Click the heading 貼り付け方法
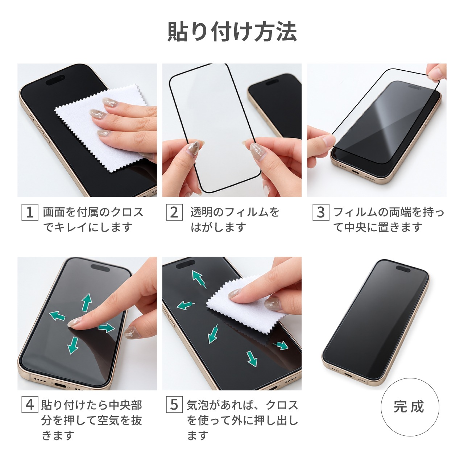coord(232,32)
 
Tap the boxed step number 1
coord(30,212)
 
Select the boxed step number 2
coord(174,212)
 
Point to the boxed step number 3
coord(321,212)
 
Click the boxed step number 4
coord(30,404)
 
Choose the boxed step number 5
coord(174,404)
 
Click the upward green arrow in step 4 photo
coord(86,302)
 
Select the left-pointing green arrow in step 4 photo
coord(57,316)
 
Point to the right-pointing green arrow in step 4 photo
coord(107,328)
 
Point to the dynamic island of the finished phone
coord(403,269)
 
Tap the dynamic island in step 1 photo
coord(55,80)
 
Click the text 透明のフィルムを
coord(235,212)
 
